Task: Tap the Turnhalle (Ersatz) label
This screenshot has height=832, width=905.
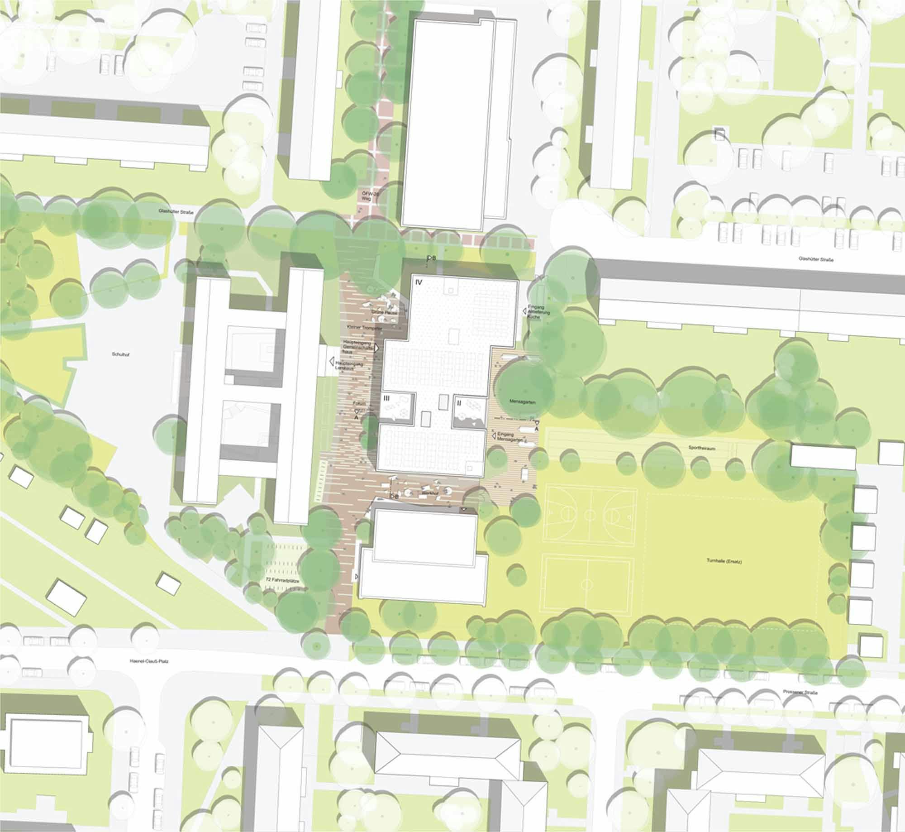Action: pos(718,561)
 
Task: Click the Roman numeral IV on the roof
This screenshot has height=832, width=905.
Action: pos(418,282)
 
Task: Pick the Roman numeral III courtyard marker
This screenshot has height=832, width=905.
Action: pos(387,398)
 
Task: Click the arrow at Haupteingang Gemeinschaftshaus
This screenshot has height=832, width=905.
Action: pos(376,349)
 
